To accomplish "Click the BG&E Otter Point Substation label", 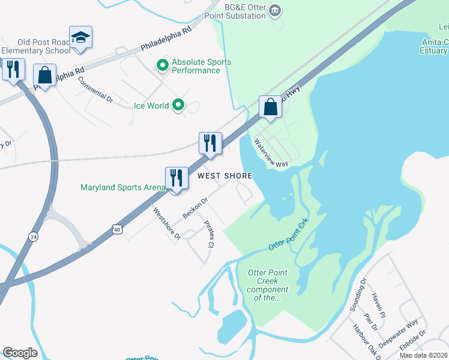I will pos(245,11).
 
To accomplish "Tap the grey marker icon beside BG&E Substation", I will pos(276,9).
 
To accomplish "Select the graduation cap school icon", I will pos(80,37).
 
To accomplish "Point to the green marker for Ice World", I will pos(178,106).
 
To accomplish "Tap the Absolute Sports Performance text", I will pos(201,66).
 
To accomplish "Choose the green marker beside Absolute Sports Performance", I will pos(161,65).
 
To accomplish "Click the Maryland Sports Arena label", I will pos(122,187).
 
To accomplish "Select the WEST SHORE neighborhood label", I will pos(225,176).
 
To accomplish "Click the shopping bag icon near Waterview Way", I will pos(271,107).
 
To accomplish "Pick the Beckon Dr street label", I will pos(195,208).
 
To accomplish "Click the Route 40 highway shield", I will pos(118,228).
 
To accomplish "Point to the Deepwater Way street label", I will pos(403,332).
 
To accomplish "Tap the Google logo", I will pos(20,353).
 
